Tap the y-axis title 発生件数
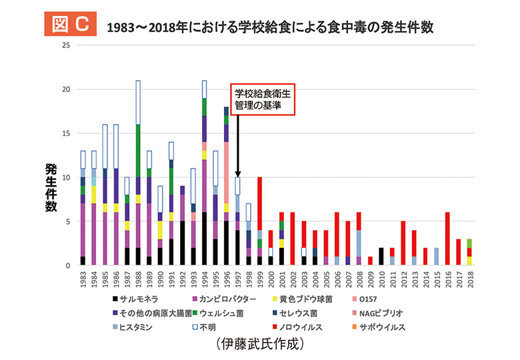[50, 187]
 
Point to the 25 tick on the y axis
[65, 45]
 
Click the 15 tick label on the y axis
[65, 133]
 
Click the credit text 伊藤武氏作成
[260, 345]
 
